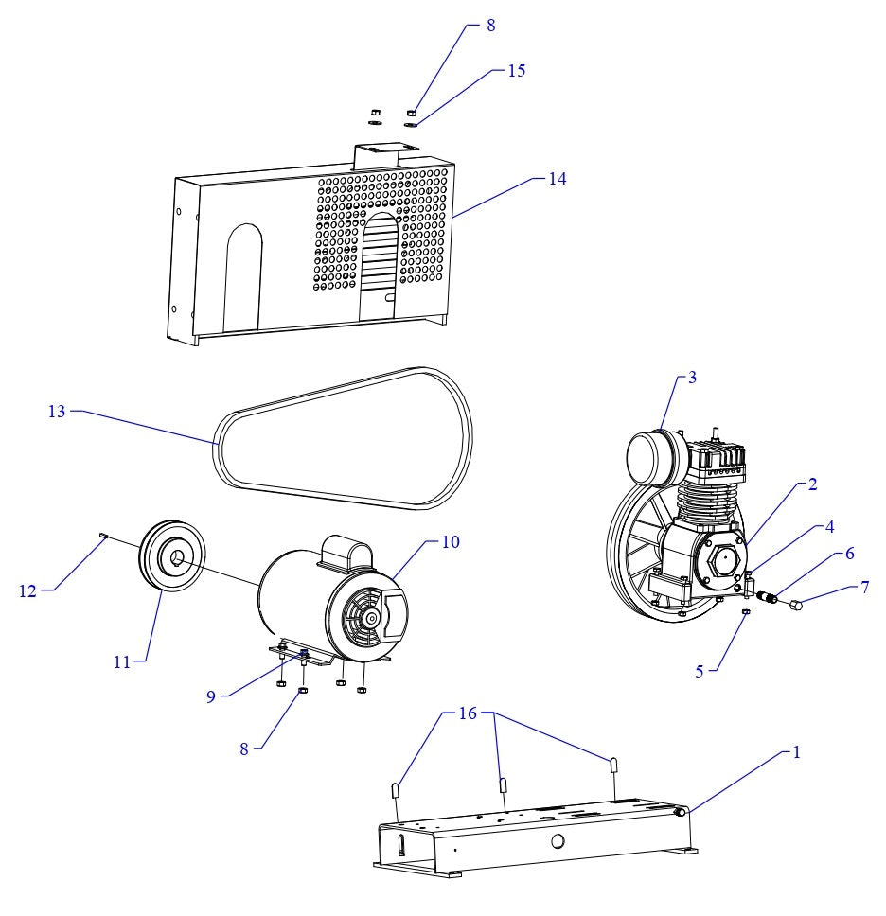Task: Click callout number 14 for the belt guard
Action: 558,179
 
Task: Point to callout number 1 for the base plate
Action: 796,754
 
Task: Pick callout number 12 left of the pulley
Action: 28,590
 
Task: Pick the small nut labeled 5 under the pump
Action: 746,612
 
